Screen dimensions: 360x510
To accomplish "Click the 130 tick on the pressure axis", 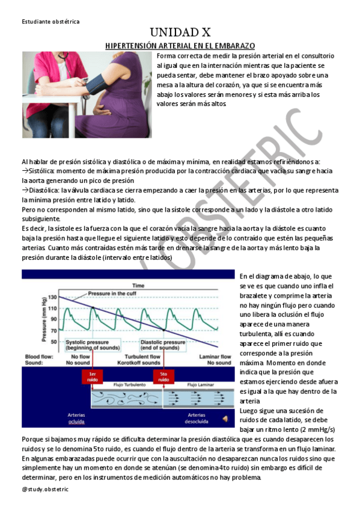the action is tap(52, 297).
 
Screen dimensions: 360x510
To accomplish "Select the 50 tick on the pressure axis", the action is tap(53, 342).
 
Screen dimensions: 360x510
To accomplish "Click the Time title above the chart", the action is tap(138, 284).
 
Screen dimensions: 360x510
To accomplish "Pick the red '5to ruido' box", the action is tap(162, 377).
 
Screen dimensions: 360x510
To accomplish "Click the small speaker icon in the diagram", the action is tap(225, 419).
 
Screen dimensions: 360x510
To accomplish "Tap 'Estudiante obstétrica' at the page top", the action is tap(50, 22).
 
